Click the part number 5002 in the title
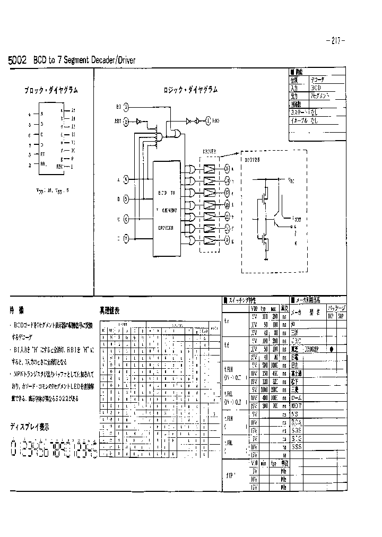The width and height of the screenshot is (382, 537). coord(18,60)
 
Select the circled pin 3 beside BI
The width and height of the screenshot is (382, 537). coord(126,107)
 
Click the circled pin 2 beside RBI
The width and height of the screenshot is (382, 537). coord(126,122)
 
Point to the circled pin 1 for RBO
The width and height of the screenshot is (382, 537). coord(209,120)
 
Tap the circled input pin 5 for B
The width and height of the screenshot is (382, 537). coord(126,200)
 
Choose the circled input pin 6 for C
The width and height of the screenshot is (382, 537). coord(126,218)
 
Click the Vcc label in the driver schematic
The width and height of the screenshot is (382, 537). coord(291,181)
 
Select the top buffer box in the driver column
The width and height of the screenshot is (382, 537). coord(210,169)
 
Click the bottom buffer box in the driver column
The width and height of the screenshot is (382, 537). coord(210,240)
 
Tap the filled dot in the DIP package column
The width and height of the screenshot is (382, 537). coord(332,349)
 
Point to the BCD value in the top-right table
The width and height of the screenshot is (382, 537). coord(316,87)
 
